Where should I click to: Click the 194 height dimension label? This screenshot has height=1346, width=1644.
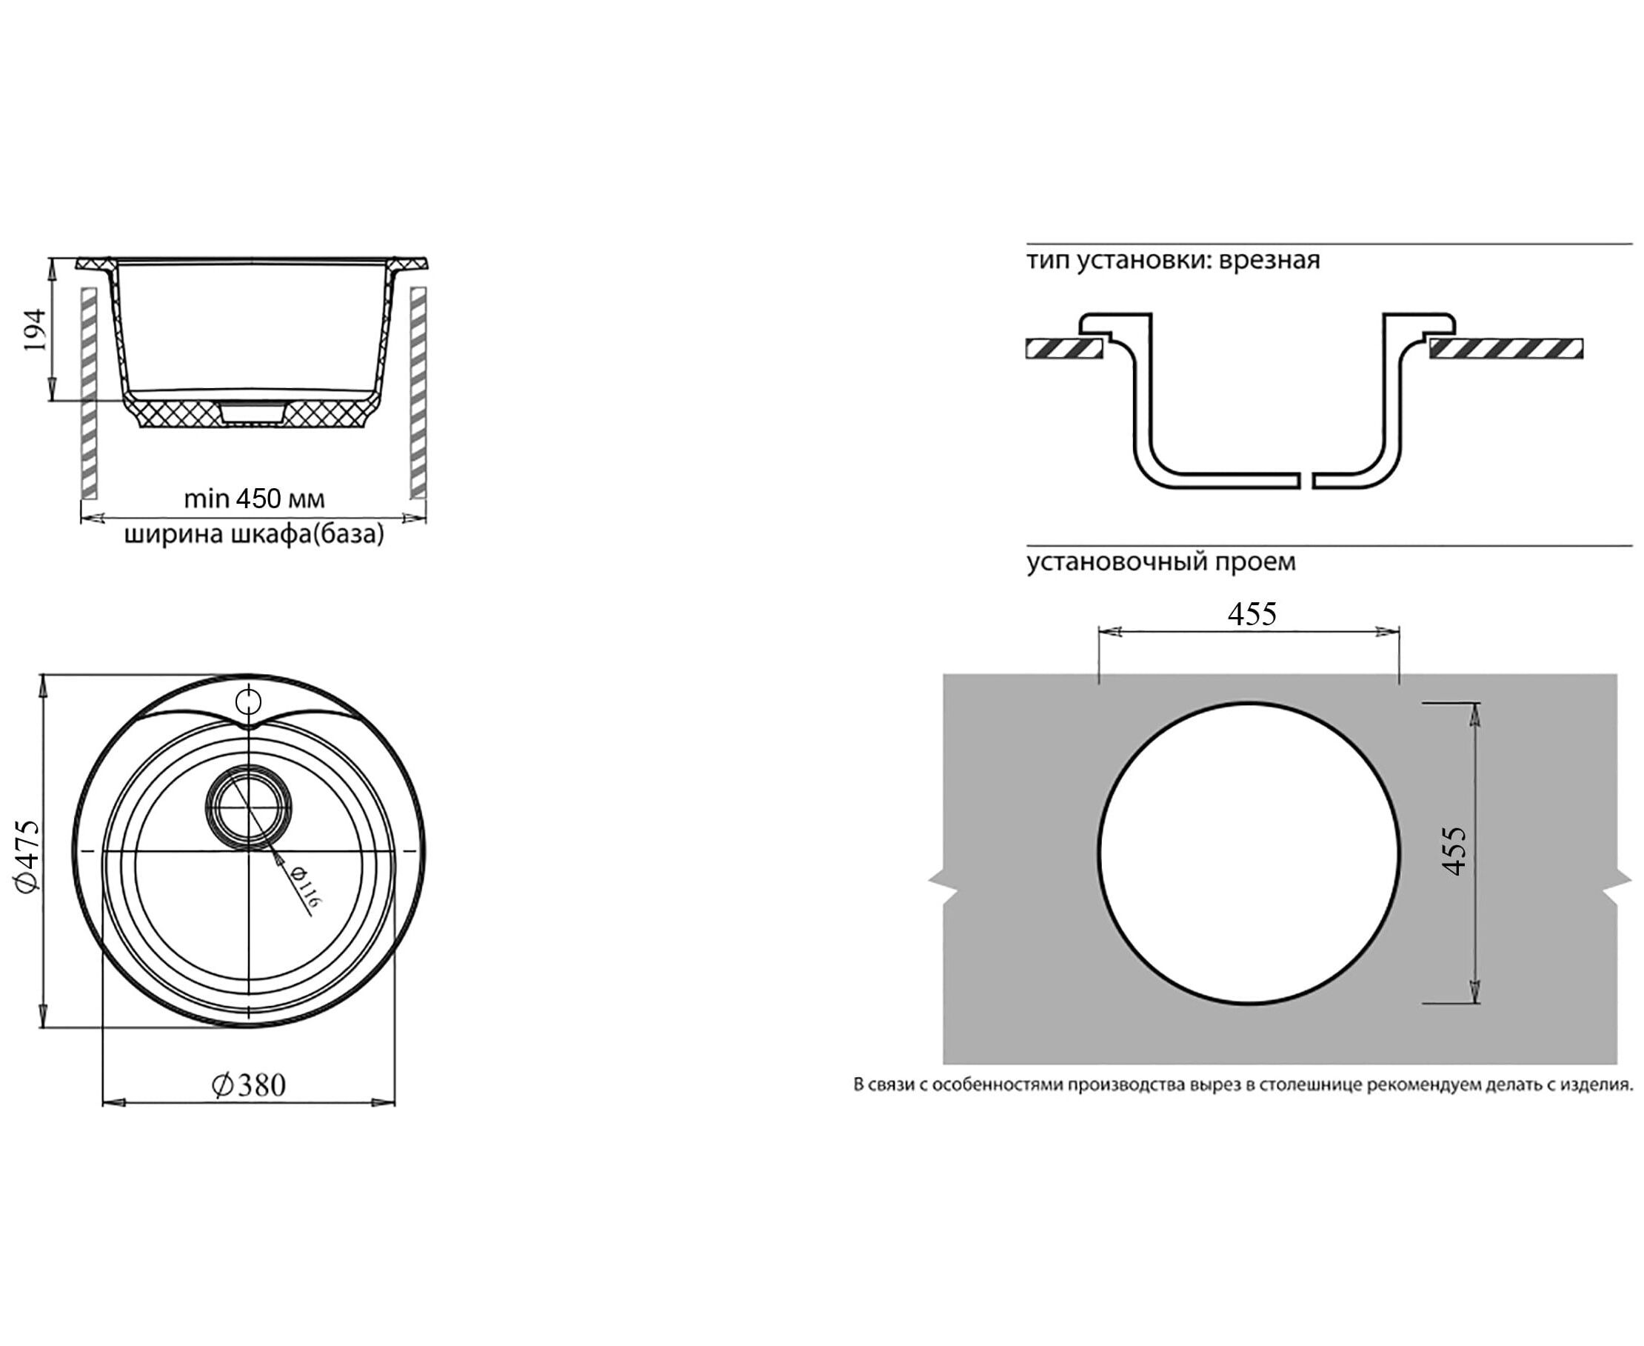pos(35,330)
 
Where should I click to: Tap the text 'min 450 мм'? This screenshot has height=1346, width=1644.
pos(254,499)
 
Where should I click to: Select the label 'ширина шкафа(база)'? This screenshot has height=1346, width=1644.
pos(254,535)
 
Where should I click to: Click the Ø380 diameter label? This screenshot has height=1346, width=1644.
pos(249,1085)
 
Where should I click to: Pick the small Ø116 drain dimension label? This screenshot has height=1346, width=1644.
pos(304,886)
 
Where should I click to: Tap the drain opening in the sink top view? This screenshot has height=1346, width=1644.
pos(249,807)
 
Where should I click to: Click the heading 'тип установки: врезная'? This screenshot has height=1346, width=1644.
pos(1173,260)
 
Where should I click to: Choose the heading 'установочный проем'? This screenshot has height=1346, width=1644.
pos(1161,562)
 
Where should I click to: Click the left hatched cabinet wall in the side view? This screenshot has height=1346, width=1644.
pos(89,393)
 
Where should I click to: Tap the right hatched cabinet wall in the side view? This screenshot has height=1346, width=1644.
pos(418,393)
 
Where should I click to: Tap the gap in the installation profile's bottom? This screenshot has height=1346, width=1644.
pos(1306,480)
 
